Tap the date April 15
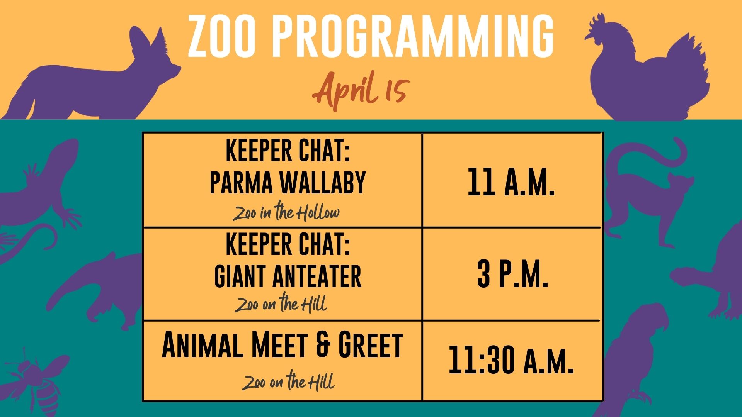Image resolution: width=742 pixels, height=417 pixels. pos(360,91)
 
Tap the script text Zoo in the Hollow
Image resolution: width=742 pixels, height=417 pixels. pos(286,212)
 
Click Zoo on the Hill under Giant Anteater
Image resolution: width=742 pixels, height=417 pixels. pos(281,303)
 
